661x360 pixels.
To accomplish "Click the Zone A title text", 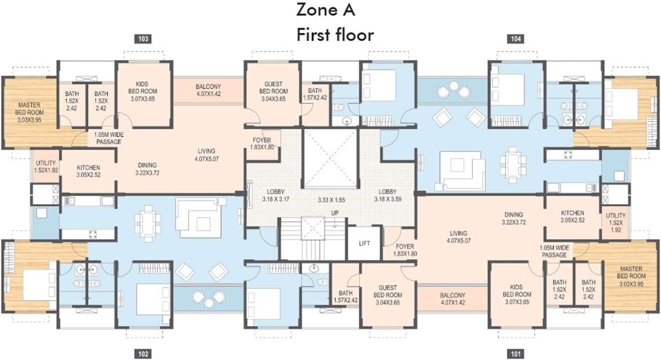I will [326, 10].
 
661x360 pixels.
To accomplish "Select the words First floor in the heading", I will [335, 35].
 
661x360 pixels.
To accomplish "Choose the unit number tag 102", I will [142, 353].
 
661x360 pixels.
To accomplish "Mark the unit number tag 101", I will [515, 353].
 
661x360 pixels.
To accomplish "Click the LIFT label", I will [365, 243].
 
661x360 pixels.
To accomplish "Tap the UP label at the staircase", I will [335, 213].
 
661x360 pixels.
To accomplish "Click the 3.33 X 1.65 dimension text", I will [331, 200].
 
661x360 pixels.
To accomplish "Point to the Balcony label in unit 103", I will [208, 90].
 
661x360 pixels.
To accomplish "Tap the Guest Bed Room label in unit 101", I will [387, 295].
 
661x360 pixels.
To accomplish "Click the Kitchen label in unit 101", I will [572, 217].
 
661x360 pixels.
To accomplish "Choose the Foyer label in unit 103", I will [262, 143].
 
